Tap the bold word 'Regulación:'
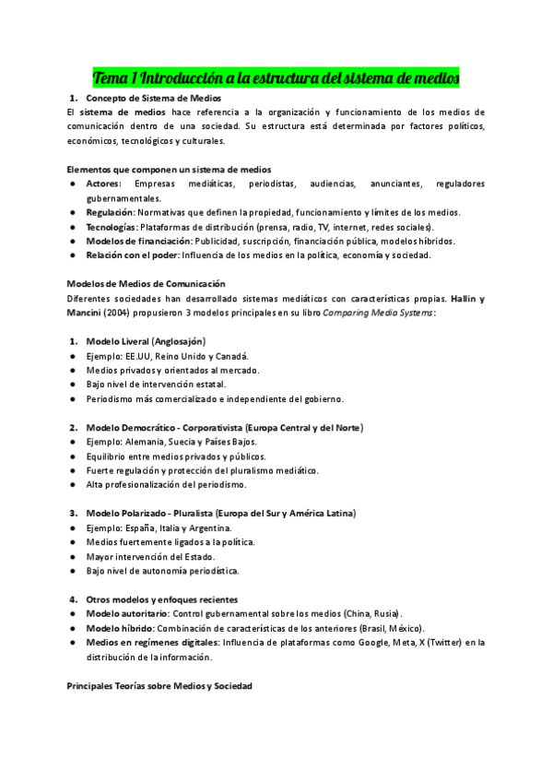(x=111, y=212)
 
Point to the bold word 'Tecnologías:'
(x=112, y=226)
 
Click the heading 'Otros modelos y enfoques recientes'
(x=161, y=598)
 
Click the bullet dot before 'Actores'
(x=73, y=184)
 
